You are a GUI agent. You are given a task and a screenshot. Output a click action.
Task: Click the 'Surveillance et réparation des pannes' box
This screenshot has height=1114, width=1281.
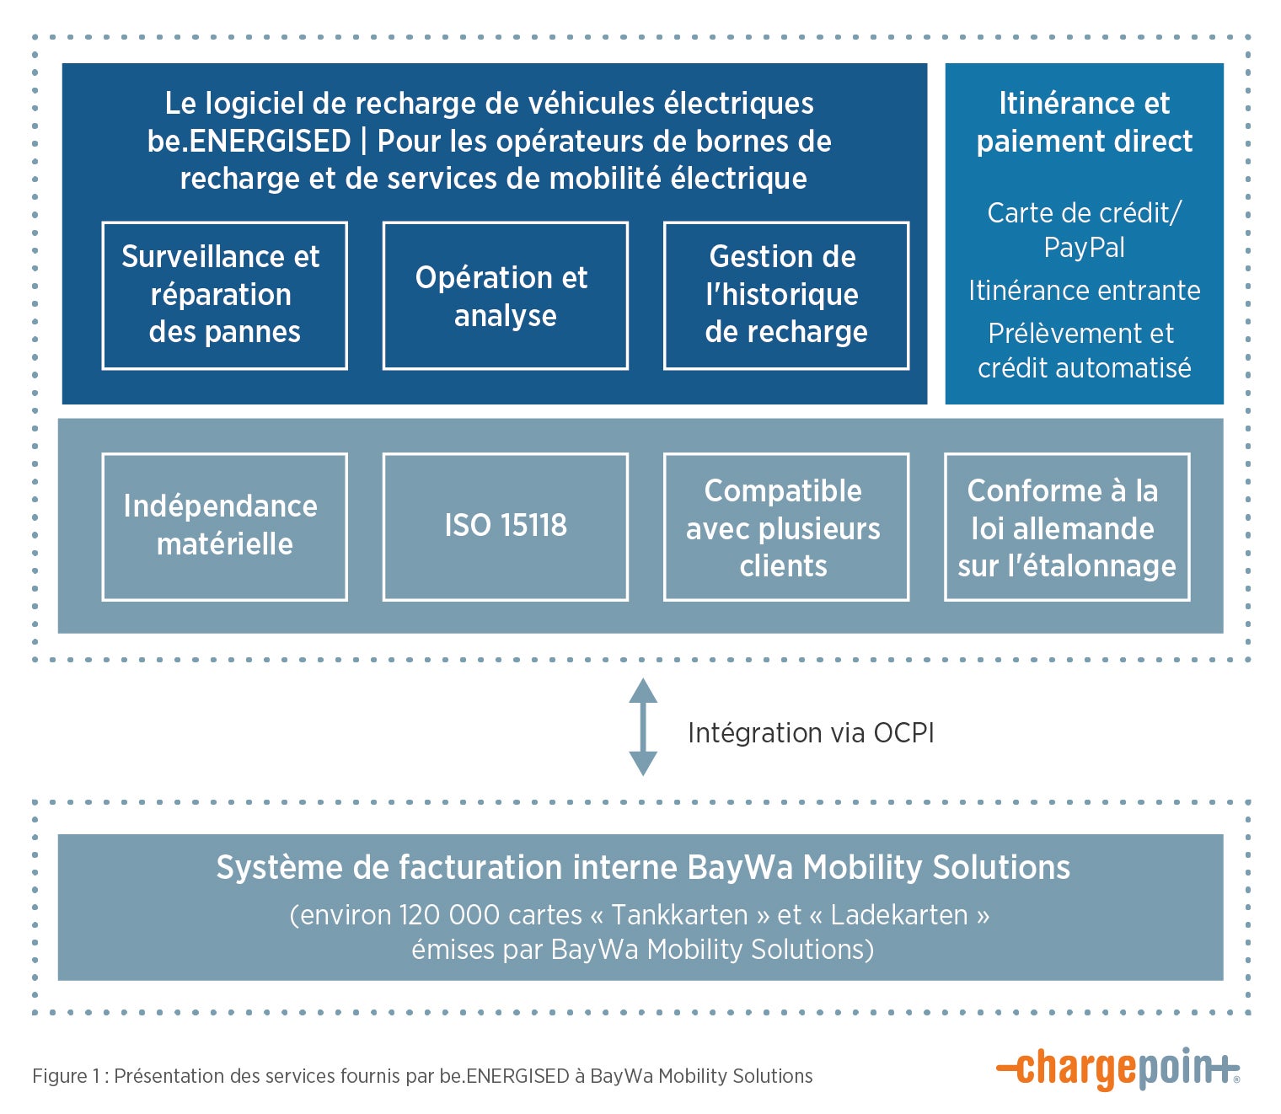click(224, 295)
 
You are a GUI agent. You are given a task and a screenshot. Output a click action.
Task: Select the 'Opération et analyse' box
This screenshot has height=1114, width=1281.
click(505, 295)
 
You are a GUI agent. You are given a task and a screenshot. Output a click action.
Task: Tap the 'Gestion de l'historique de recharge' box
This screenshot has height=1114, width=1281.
click(785, 295)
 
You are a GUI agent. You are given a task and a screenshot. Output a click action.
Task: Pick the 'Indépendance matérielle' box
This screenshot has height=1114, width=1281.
click(224, 526)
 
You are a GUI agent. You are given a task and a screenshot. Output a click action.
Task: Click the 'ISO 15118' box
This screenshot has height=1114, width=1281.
click(505, 526)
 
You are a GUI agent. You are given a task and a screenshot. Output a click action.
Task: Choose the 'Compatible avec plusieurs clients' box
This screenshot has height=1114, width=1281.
click(785, 526)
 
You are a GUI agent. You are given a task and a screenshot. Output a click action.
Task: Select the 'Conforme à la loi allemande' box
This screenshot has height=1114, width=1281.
click(1066, 526)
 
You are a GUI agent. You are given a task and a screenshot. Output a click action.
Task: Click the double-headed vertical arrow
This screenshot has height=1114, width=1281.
click(643, 726)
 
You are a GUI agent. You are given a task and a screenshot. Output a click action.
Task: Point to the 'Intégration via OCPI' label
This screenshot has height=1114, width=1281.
click(811, 733)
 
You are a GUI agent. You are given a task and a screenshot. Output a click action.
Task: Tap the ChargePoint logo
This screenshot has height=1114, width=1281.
click(1118, 1069)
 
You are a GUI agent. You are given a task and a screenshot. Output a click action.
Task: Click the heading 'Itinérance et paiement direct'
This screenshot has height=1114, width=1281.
click(1084, 122)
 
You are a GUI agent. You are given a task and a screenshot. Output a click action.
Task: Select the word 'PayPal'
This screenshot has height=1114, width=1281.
click(1084, 248)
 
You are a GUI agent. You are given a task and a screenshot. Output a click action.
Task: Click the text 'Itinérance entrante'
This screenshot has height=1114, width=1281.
click(1084, 291)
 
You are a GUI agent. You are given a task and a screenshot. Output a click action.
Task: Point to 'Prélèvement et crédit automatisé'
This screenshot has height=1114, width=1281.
click(1084, 351)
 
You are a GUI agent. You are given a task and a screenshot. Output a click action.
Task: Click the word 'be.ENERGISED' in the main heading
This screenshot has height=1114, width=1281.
click(249, 142)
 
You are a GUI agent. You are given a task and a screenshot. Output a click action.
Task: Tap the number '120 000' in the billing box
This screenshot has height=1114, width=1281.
click(447, 915)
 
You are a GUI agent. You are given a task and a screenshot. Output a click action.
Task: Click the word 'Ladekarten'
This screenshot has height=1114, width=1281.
click(898, 915)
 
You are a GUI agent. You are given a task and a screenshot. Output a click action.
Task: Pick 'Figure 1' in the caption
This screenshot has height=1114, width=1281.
click(60, 1076)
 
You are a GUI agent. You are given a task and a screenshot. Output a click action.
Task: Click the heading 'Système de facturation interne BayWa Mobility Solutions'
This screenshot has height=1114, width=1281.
click(642, 868)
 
